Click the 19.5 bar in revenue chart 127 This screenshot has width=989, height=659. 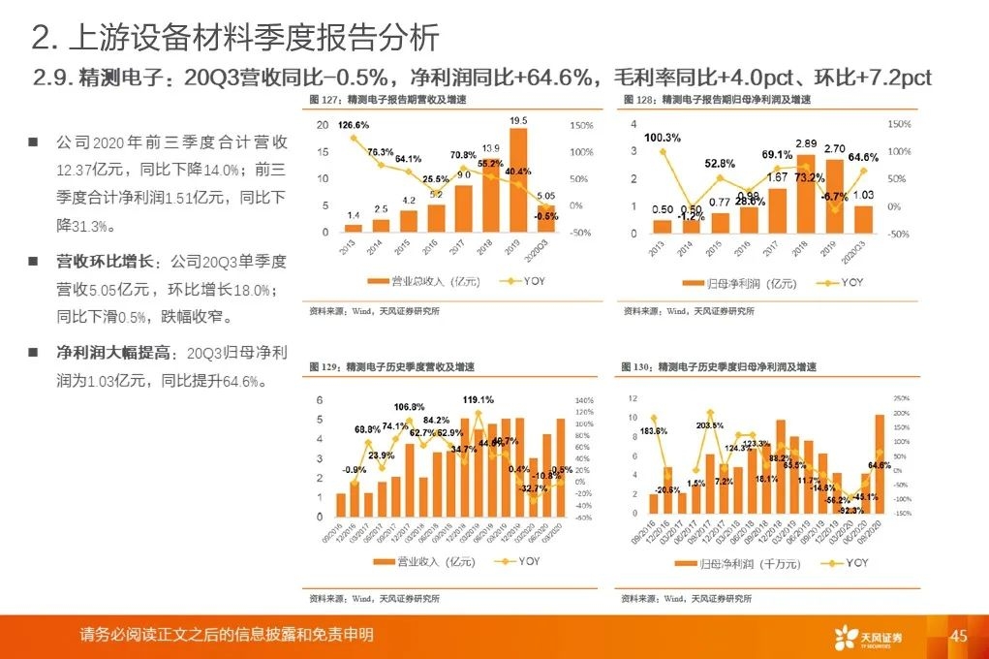tap(518, 180)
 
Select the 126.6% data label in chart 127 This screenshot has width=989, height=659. tap(354, 125)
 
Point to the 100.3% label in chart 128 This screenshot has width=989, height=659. tap(662, 138)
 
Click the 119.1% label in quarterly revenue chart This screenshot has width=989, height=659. tap(479, 399)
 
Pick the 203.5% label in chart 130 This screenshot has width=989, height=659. tap(709, 425)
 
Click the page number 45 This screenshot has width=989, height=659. tap(959, 637)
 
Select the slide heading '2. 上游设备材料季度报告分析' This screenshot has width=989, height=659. tap(235, 38)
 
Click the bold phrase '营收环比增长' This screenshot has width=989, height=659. tap(99, 262)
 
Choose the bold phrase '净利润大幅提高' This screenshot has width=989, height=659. tap(107, 353)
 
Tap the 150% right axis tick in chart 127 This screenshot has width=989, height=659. tap(581, 126)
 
